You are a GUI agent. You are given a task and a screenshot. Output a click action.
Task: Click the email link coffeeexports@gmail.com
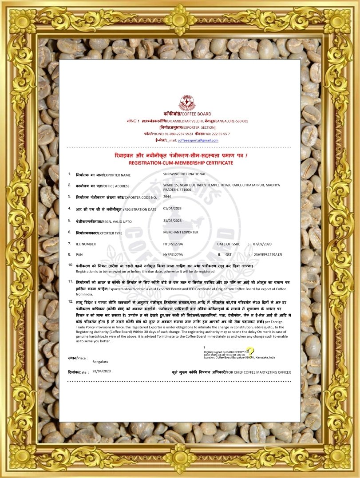coord(198,140)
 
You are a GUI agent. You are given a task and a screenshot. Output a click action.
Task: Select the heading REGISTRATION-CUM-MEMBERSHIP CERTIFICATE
coord(180,163)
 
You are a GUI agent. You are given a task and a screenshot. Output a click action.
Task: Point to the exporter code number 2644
coord(167,196)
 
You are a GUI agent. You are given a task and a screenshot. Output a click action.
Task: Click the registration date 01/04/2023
coord(172,208)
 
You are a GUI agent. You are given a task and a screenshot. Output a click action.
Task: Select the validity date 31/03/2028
coord(172,220)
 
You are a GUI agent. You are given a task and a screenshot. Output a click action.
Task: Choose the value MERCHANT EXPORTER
coord(181,232)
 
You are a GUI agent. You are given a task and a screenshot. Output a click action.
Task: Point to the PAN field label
coord(79,255)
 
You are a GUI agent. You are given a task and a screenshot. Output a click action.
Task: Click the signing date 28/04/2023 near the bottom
coord(101,371)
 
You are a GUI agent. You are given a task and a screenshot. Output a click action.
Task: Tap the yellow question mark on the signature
coord(250,352)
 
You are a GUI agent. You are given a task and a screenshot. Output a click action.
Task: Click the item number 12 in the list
coord(71,301)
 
